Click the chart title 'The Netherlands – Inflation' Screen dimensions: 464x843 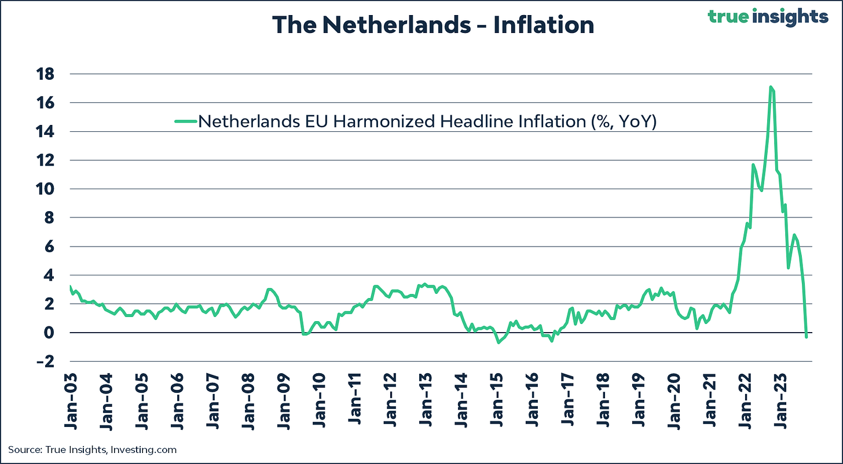433,25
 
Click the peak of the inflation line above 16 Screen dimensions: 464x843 771,87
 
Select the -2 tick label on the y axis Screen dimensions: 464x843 47,362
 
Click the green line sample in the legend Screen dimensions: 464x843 185,121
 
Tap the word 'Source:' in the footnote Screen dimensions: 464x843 24,450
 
